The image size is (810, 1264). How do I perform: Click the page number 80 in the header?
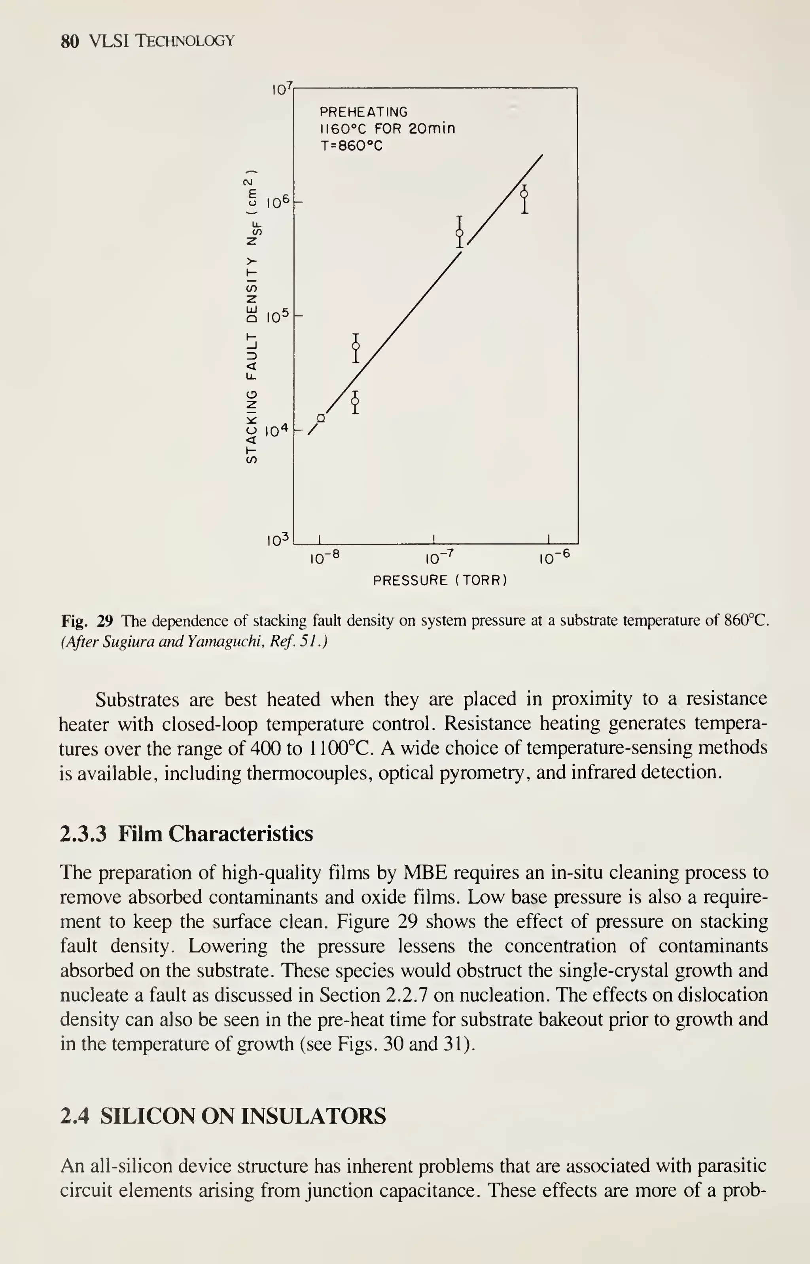(x=70, y=41)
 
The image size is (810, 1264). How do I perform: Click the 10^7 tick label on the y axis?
(x=281, y=89)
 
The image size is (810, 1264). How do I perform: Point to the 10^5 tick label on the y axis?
(x=278, y=316)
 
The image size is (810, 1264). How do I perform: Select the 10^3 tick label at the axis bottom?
(x=278, y=539)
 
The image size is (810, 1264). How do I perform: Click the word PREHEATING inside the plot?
(x=363, y=112)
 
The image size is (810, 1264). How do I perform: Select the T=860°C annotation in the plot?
(x=351, y=146)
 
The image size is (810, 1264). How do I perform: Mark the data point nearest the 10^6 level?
(x=524, y=194)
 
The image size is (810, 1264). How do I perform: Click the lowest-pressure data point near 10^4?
(x=321, y=418)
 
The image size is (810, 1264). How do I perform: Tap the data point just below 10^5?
(x=356, y=346)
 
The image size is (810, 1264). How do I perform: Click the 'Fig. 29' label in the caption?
(x=87, y=621)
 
